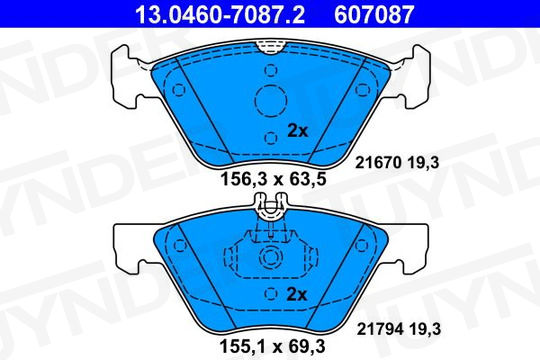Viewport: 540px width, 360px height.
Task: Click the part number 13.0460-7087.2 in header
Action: pyautogui.click(x=220, y=14)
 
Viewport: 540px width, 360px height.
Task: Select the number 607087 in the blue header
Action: pyautogui.click(x=374, y=14)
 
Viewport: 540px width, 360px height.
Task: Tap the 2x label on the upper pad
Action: pyautogui.click(x=298, y=131)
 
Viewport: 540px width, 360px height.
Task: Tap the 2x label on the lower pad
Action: pyautogui.click(x=297, y=294)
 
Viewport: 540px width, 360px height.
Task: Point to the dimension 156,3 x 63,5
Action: pyautogui.click(x=273, y=179)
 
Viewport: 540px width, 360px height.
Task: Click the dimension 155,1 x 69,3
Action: pyautogui.click(x=272, y=346)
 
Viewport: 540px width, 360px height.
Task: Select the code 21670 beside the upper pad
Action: pyautogui.click(x=378, y=163)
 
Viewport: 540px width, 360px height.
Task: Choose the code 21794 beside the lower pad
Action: pyautogui.click(x=380, y=329)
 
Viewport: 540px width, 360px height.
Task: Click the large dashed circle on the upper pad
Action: pyautogui.click(x=271, y=101)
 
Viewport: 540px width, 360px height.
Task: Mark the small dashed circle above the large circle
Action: pyautogui.click(x=271, y=70)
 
